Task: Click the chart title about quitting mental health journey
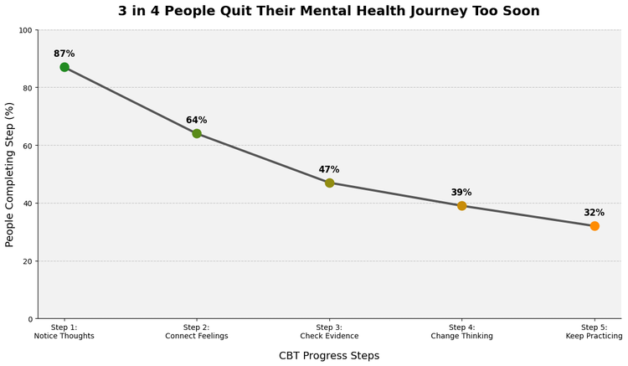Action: click(328, 12)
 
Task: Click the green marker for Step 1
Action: click(64, 67)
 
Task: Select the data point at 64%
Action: click(197, 133)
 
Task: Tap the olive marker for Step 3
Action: click(329, 183)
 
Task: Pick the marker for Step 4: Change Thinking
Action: click(461, 205)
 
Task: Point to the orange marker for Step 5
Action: click(595, 226)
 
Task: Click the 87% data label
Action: click(64, 54)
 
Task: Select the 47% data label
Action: click(329, 170)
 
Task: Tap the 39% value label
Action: click(461, 193)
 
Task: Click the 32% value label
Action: click(594, 213)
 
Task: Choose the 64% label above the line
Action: click(197, 121)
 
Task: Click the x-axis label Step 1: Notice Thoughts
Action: click(64, 332)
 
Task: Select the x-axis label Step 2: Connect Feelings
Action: click(197, 332)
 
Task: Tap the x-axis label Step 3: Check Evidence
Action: click(329, 332)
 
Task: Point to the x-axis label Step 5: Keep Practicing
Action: click(594, 332)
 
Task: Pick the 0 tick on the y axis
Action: click(29, 319)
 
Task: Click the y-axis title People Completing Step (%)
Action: click(10, 174)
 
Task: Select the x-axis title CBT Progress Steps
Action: click(329, 356)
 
